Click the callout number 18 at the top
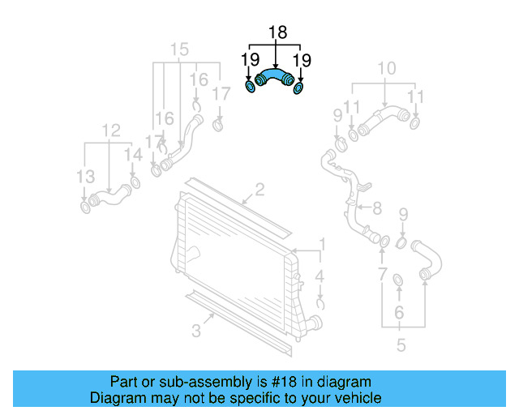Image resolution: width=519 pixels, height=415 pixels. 277,33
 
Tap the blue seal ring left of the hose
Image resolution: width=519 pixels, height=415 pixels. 251,87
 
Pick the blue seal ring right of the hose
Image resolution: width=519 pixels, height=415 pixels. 300,88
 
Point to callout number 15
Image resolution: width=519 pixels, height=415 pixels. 179,49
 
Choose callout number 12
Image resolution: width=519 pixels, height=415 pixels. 111,130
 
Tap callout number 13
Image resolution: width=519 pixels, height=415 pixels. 85,176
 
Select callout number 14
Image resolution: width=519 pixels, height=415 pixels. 132,154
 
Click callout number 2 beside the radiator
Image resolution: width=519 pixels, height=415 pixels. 259,191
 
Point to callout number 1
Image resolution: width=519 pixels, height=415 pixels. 321,244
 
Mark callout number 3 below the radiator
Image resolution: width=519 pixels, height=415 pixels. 195,330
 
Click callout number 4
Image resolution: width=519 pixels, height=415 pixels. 320,277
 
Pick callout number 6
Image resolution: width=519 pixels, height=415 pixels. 399,313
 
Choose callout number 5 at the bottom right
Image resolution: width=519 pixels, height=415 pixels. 401,346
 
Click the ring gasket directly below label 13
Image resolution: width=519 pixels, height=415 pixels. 85,209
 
